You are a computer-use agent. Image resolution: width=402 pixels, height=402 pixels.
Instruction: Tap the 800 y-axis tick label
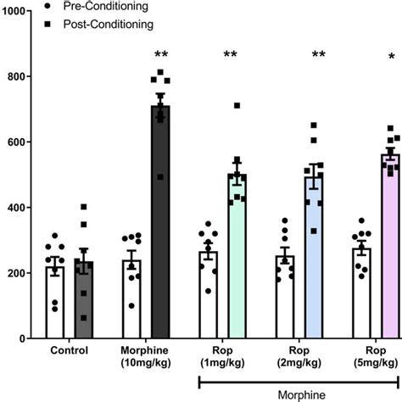pyautogui.click(x=21, y=76)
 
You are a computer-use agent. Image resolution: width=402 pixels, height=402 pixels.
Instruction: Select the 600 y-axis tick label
pyautogui.click(x=21, y=142)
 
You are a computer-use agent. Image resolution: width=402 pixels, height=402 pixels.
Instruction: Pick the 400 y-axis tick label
pyautogui.click(x=21, y=208)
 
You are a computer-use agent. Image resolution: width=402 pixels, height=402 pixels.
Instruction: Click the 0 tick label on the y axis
pyautogui.click(x=28, y=339)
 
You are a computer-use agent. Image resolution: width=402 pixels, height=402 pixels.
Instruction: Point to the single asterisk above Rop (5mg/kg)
pyautogui.click(x=391, y=57)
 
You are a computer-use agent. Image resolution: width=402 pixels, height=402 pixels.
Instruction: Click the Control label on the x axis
pyautogui.click(x=69, y=349)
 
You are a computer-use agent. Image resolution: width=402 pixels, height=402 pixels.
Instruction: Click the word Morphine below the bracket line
pyautogui.click(x=300, y=394)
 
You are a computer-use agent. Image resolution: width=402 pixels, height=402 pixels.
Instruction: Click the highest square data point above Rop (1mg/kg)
pyautogui.click(x=238, y=106)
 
